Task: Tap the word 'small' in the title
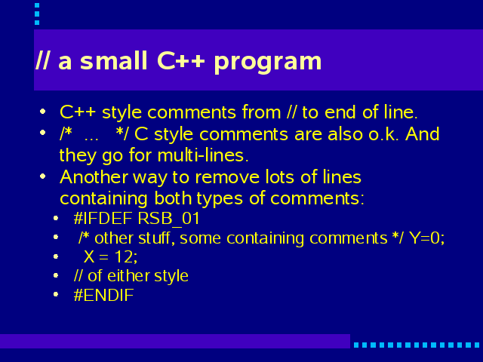(113, 60)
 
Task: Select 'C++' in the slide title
(181, 60)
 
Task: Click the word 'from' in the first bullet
(261, 112)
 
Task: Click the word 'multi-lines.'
(203, 155)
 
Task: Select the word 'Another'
(94, 177)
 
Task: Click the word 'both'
(173, 198)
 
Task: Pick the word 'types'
(220, 199)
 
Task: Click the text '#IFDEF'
(103, 218)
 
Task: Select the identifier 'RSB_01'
(168, 219)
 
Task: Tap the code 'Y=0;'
(426, 238)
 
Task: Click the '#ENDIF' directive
(104, 295)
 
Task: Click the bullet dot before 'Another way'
(43, 176)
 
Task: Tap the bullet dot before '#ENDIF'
(56, 295)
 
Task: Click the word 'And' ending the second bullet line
(423, 134)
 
